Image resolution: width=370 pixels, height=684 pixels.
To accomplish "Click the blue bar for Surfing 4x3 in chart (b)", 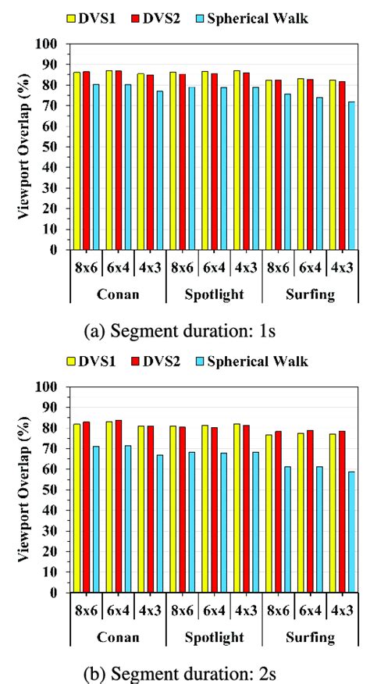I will click(x=351, y=532).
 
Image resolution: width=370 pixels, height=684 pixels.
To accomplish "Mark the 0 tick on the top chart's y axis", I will click(x=57, y=251).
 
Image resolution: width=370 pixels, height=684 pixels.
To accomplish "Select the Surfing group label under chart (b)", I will click(x=310, y=638).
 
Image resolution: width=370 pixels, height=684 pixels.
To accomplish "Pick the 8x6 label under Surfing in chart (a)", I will click(x=278, y=268).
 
